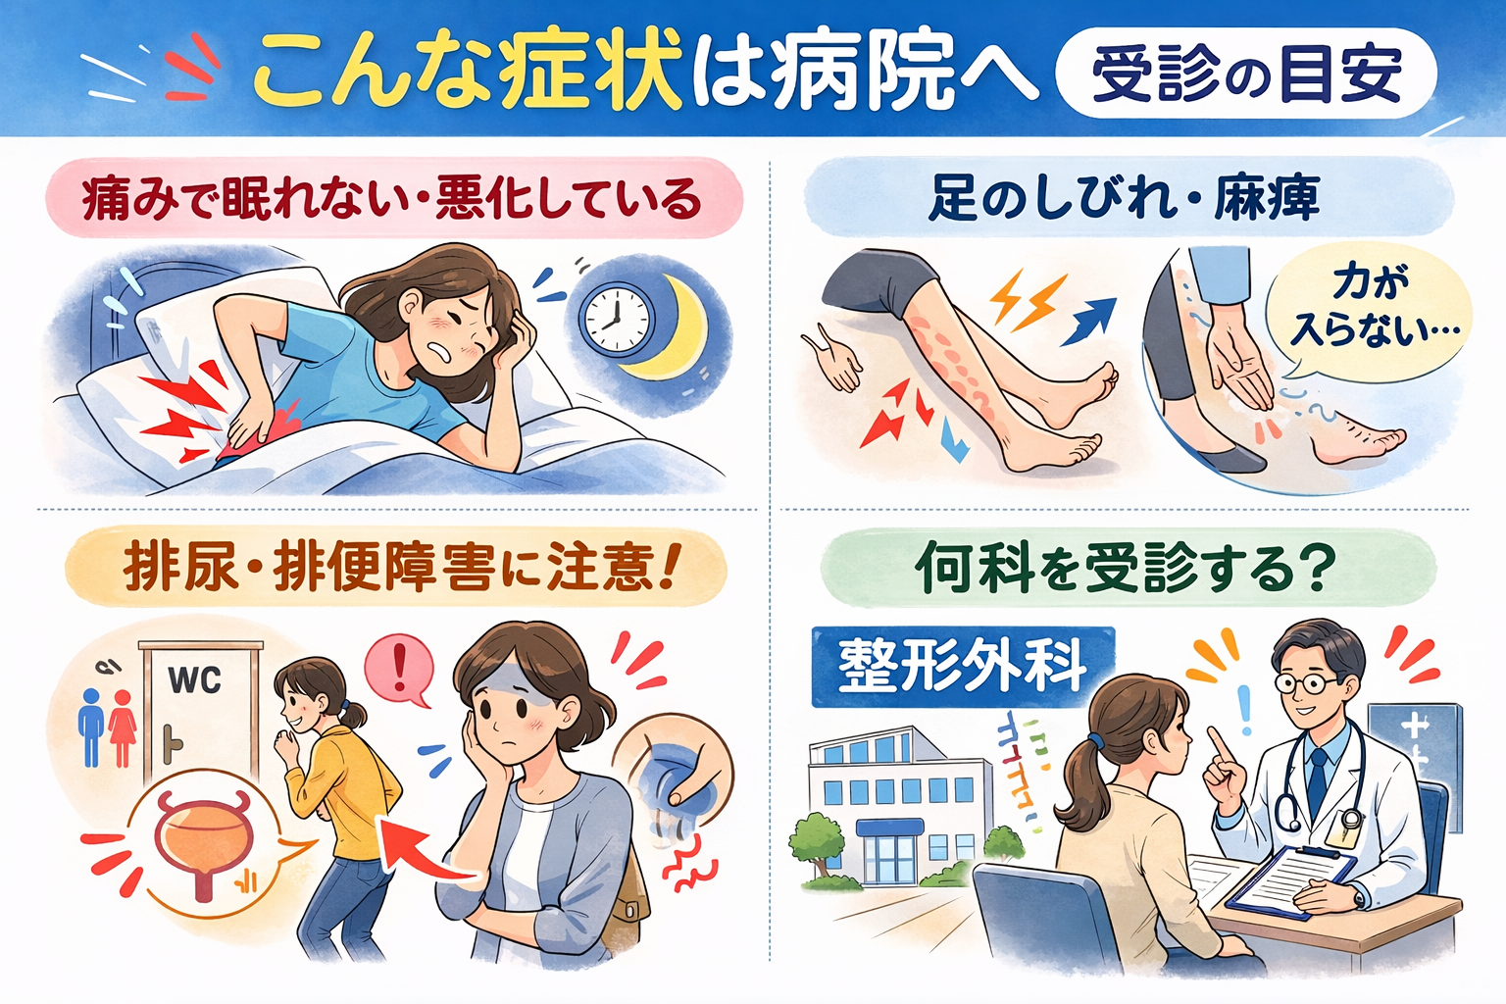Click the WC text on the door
(x=194, y=680)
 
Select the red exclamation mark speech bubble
(x=399, y=671)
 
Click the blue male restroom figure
(x=91, y=728)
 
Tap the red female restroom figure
(x=123, y=728)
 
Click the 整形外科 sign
(x=963, y=667)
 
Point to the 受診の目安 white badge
(x=1246, y=74)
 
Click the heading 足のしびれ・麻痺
(x=1125, y=198)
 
